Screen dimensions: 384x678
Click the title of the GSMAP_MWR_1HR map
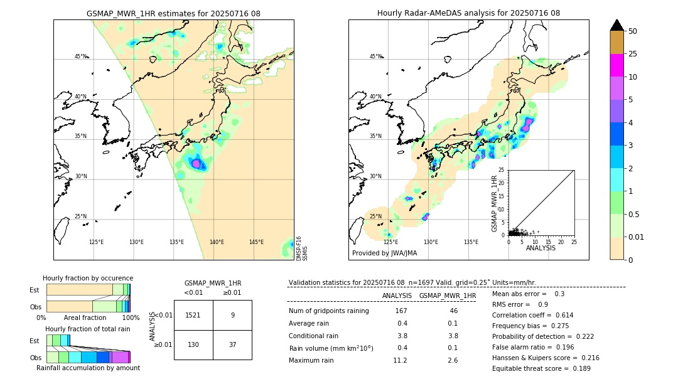click(173, 13)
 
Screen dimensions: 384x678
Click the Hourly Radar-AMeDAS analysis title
click(468, 13)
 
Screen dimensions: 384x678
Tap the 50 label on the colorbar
click(633, 31)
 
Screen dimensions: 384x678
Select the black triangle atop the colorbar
click(617, 25)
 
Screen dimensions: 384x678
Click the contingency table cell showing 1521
click(193, 315)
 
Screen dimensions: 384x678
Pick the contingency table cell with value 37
click(232, 344)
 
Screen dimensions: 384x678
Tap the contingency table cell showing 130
click(193, 344)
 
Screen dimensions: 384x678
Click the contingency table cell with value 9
click(232, 315)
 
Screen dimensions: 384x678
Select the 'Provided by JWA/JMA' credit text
click(384, 253)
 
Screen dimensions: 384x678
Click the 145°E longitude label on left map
click(256, 242)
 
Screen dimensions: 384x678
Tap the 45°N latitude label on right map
click(375, 56)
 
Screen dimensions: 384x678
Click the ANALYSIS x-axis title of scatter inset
click(541, 248)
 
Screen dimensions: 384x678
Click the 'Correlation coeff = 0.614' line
click(532, 315)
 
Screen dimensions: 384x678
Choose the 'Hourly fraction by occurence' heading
click(88, 278)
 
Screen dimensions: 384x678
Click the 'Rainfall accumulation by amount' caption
click(88, 368)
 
